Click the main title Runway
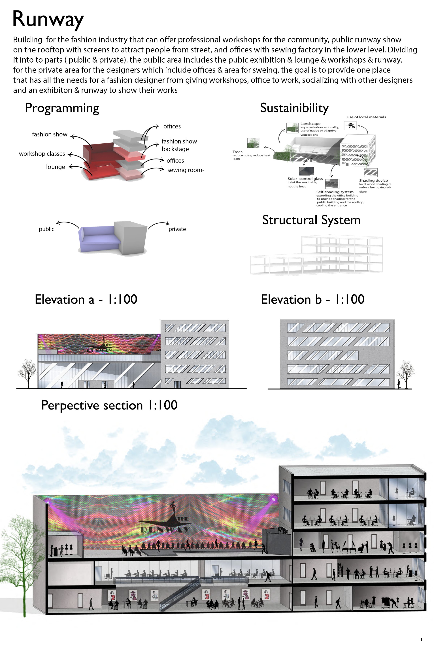pos(48,19)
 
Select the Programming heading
pos(62,108)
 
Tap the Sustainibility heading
pos(294,108)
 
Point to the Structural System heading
pos(311,220)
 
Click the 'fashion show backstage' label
pos(179,145)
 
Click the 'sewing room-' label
pos(186,170)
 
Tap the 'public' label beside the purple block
pos(46,229)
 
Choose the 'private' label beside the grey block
pos(177,229)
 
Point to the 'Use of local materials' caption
pos(366,117)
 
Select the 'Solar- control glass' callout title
pos(305,179)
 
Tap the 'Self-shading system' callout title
pos(335,192)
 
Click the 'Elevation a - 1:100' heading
pos(86,299)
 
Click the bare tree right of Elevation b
pos(405,373)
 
